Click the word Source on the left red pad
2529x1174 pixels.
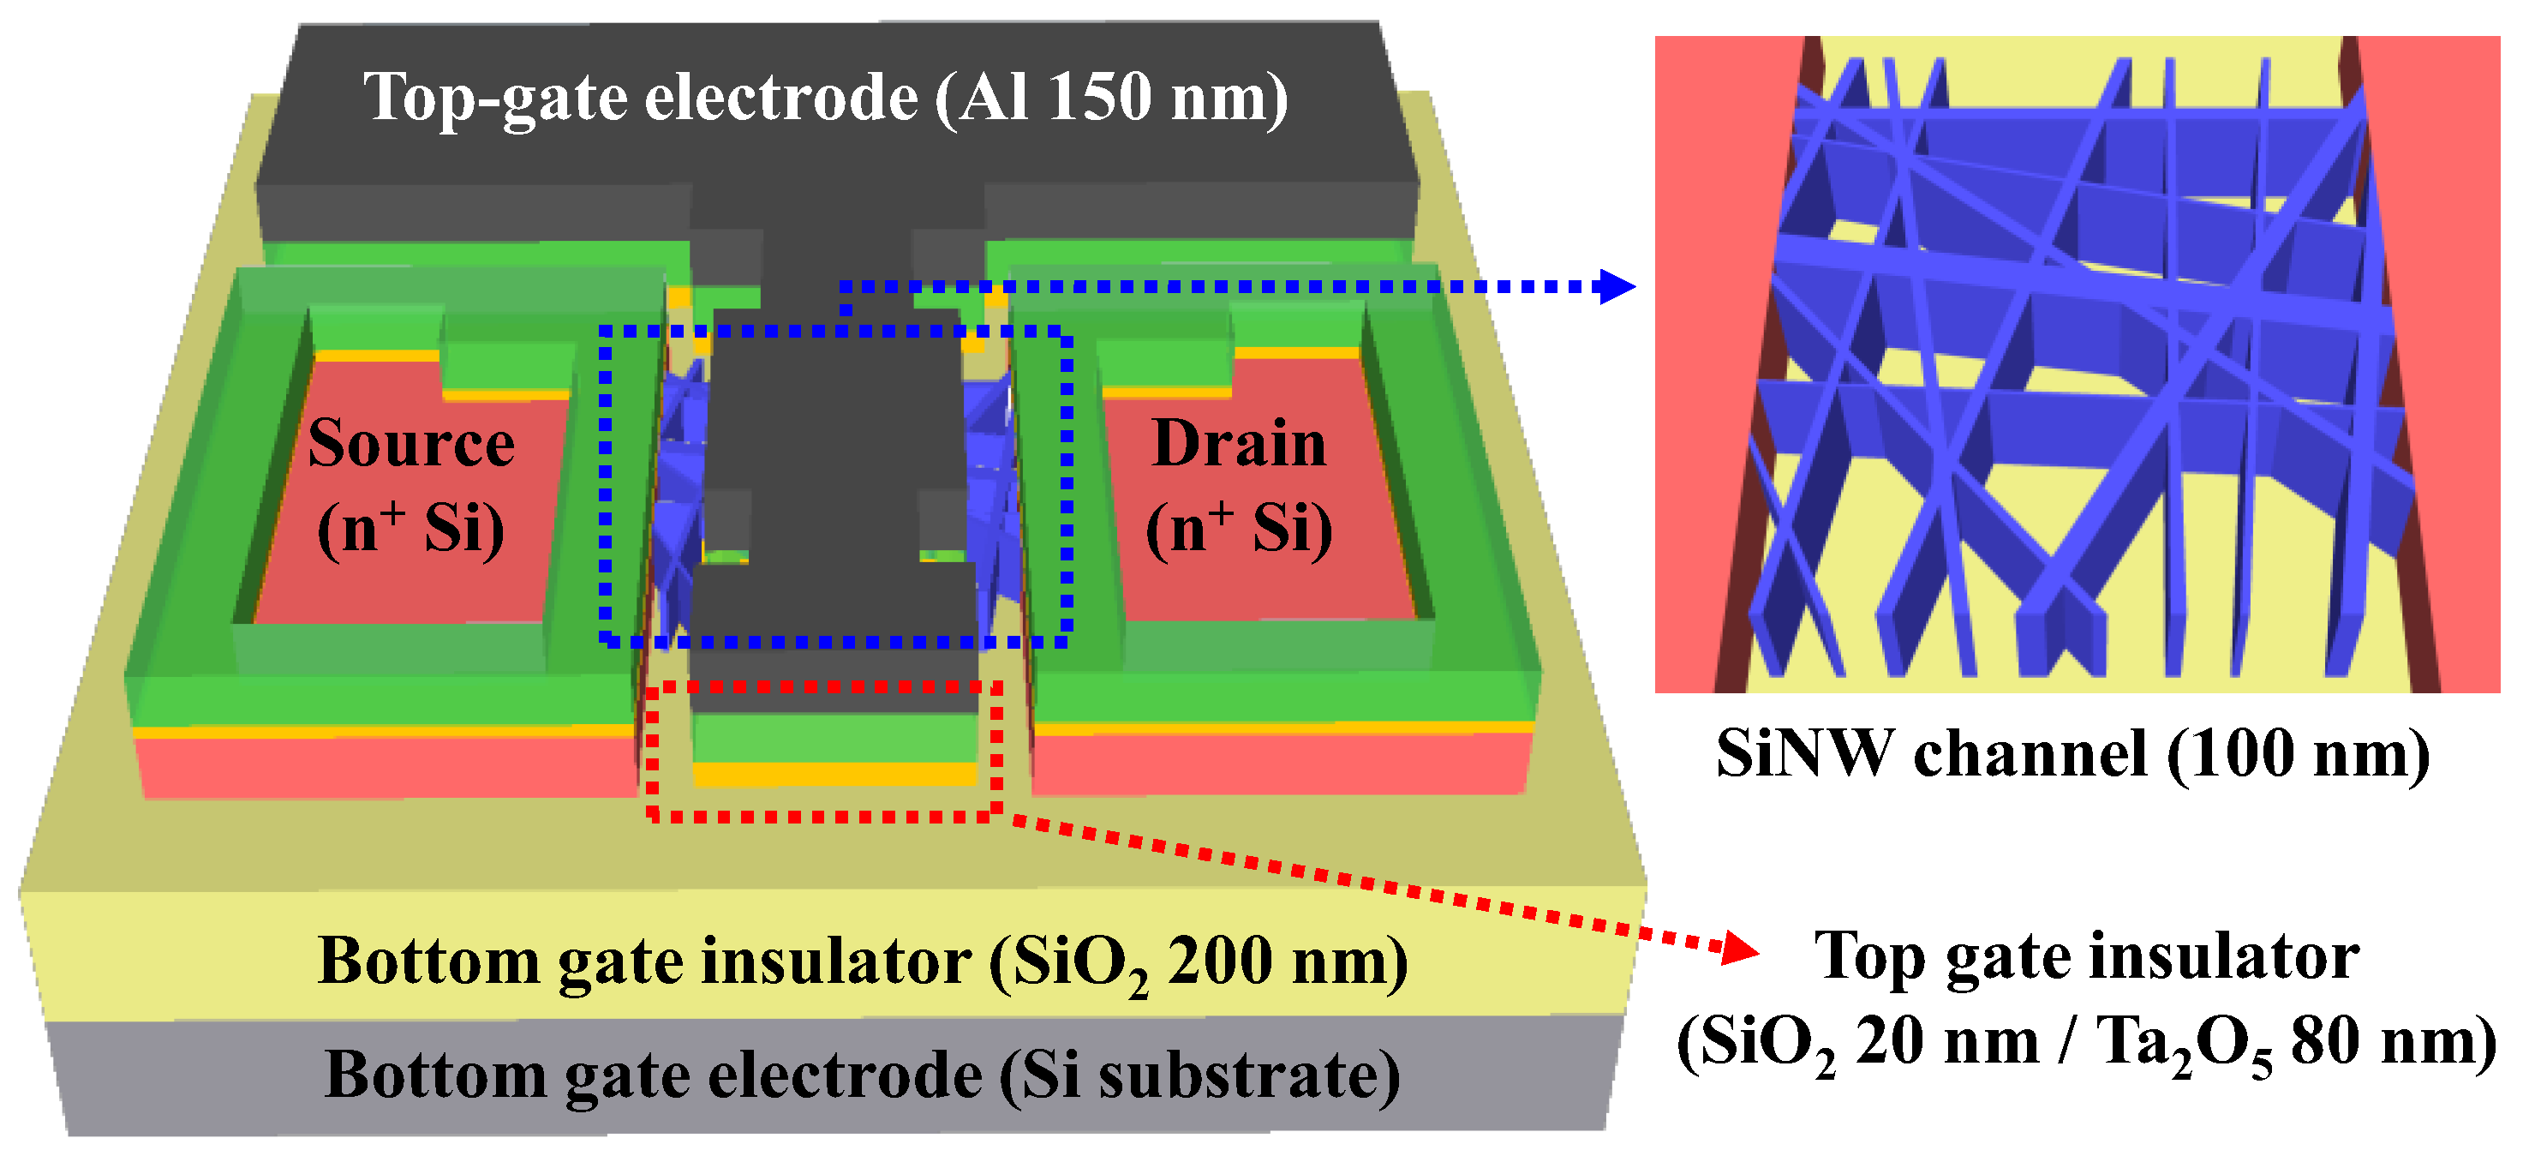pos(410,444)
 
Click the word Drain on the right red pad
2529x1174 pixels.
pos(1239,444)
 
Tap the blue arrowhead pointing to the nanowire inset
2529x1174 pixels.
pos(1618,286)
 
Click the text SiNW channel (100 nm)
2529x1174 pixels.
pos(2072,754)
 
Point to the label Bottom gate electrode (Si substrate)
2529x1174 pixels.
pos(862,1075)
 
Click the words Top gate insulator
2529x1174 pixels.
pos(2086,955)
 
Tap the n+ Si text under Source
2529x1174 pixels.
pos(410,528)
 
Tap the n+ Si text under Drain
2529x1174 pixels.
pos(1239,528)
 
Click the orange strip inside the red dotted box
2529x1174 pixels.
pos(835,776)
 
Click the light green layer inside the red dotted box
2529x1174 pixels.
pos(835,737)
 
